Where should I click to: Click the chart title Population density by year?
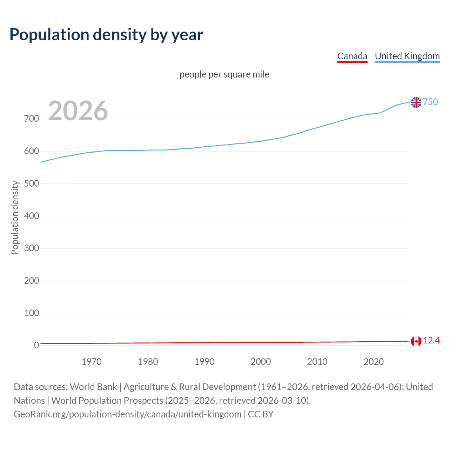(x=106, y=35)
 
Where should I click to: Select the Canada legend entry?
(x=352, y=56)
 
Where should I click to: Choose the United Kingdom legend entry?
(x=407, y=56)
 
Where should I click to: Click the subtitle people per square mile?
(x=224, y=75)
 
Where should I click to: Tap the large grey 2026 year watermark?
(x=78, y=111)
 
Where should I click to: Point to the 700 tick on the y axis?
(x=31, y=119)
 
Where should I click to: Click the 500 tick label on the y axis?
(x=31, y=184)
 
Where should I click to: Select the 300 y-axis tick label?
(x=31, y=248)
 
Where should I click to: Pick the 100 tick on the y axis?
(x=31, y=313)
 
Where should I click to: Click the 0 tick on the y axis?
(x=36, y=346)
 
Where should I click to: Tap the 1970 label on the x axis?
(x=92, y=362)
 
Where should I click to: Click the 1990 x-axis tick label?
(x=205, y=362)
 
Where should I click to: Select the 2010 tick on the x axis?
(x=317, y=362)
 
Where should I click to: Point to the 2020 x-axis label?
(x=374, y=362)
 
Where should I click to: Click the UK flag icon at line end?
(x=416, y=102)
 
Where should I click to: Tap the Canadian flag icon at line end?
(x=416, y=341)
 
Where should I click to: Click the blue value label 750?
(x=430, y=102)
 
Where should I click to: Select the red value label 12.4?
(x=431, y=341)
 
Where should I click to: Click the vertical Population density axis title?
(x=15, y=217)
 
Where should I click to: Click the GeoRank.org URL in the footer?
(x=127, y=414)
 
